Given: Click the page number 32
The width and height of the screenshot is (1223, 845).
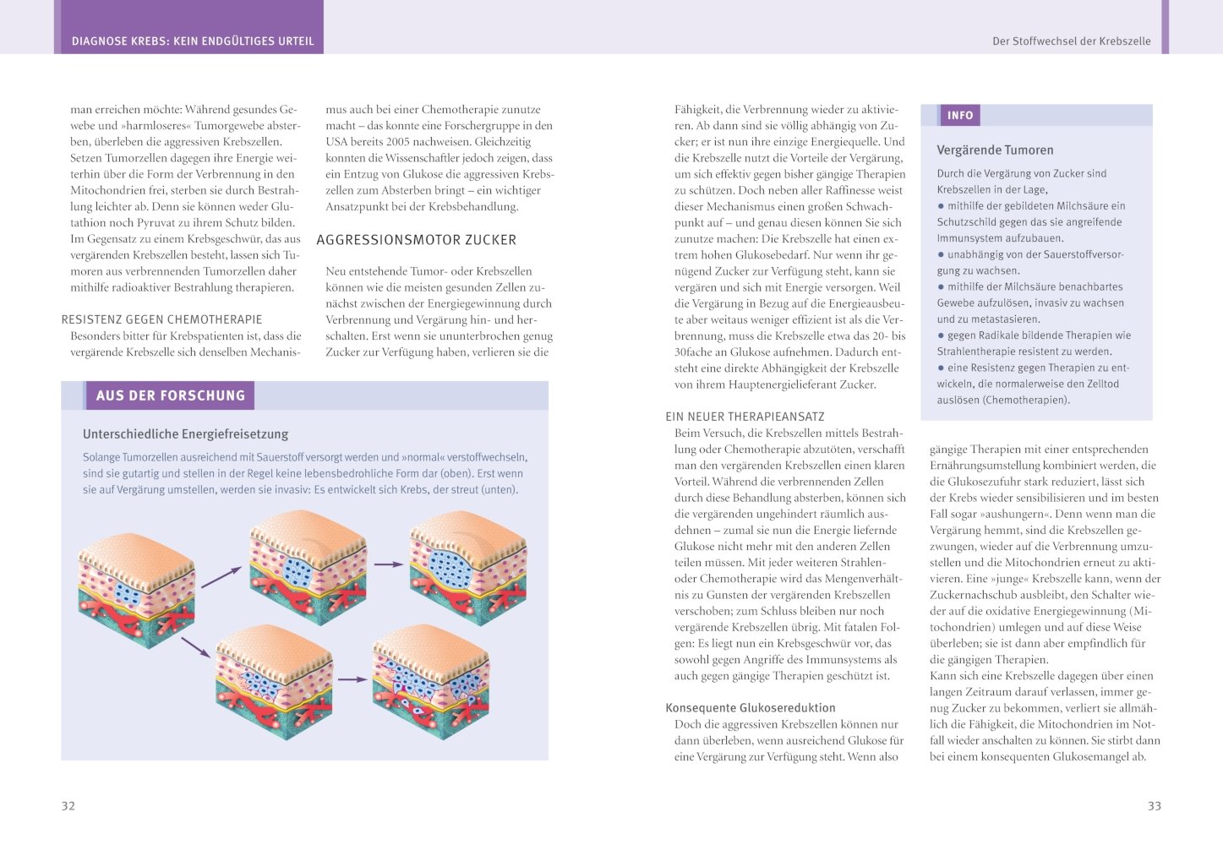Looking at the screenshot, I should pyautogui.click(x=68, y=806).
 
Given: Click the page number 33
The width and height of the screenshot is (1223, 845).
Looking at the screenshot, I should pyautogui.click(x=1154, y=806).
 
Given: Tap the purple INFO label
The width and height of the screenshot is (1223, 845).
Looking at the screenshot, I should pyautogui.click(x=960, y=116).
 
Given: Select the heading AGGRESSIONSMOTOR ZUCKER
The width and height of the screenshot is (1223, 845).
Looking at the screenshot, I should pyautogui.click(x=416, y=240).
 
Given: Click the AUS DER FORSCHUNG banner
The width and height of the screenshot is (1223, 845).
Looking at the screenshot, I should pyautogui.click(x=170, y=395).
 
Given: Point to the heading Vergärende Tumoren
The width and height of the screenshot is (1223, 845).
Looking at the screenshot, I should pyautogui.click(x=995, y=150).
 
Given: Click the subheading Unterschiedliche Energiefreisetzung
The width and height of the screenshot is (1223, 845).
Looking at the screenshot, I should pyautogui.click(x=185, y=434).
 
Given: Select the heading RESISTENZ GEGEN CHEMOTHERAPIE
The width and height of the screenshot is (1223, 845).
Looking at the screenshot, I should pyautogui.click(x=161, y=319).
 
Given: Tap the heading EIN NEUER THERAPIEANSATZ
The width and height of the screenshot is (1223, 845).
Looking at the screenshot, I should pyautogui.click(x=745, y=417).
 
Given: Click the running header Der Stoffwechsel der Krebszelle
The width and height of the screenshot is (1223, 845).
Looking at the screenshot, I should pyautogui.click(x=1071, y=41).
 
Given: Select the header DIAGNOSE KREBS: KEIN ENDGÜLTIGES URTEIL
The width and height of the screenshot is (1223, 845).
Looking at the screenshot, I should pyautogui.click(x=193, y=41).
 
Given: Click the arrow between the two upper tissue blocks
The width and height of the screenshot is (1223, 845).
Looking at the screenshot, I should pyautogui.click(x=388, y=564).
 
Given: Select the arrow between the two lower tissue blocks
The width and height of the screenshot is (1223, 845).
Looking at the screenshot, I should pyautogui.click(x=352, y=679).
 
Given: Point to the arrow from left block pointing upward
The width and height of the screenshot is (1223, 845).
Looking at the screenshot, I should pyautogui.click(x=221, y=577).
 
